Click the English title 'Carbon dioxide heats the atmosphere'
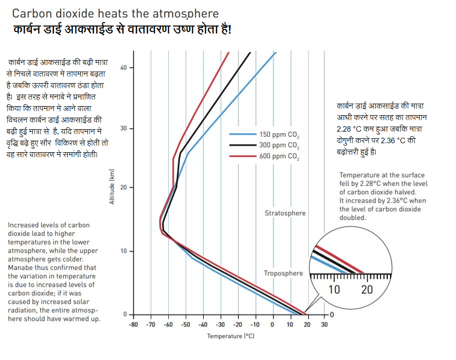click(x=115, y=14)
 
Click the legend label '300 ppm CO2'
click(x=279, y=146)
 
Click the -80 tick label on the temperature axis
click(x=133, y=324)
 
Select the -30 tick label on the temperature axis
click(x=220, y=324)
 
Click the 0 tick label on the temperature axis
click(x=272, y=324)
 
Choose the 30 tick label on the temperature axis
click(x=324, y=324)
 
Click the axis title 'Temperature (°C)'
click(x=231, y=336)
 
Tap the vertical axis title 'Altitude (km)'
click(x=112, y=187)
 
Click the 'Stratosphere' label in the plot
click(x=285, y=213)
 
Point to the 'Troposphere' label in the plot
click(x=283, y=273)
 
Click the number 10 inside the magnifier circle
click(x=334, y=289)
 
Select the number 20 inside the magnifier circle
click(x=367, y=289)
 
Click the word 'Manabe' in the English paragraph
click(x=20, y=268)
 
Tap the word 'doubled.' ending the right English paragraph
click(x=353, y=218)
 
